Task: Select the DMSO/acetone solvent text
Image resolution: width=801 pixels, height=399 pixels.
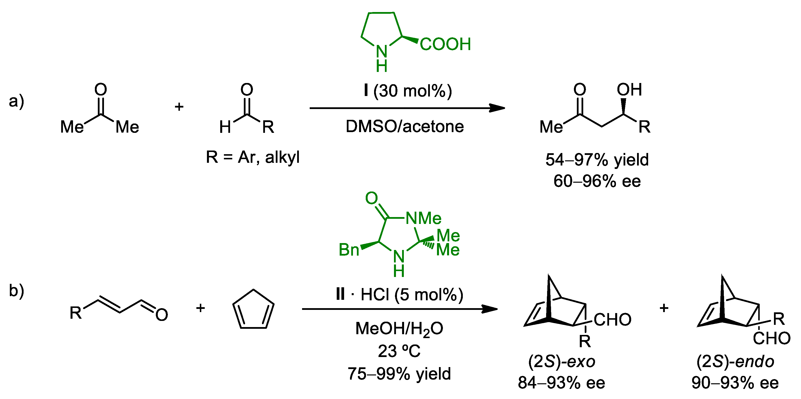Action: point(405,126)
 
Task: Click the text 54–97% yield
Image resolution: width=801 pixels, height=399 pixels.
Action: point(597,160)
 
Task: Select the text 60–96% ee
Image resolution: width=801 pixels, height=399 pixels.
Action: point(597,181)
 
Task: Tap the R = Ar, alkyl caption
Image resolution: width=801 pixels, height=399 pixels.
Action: point(252,157)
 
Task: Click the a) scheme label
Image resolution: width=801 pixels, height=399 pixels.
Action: point(16,101)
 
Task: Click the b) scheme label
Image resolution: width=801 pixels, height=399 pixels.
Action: point(16,290)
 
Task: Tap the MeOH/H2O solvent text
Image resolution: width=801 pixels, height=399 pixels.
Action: point(399,329)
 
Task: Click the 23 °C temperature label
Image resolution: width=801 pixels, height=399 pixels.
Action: point(399,351)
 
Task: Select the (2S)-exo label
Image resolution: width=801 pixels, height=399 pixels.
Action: point(562,361)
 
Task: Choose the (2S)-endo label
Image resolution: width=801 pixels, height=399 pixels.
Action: point(735,361)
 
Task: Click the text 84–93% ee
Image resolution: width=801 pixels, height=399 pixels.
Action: point(562,383)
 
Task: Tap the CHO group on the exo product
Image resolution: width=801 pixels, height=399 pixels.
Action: point(612,319)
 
